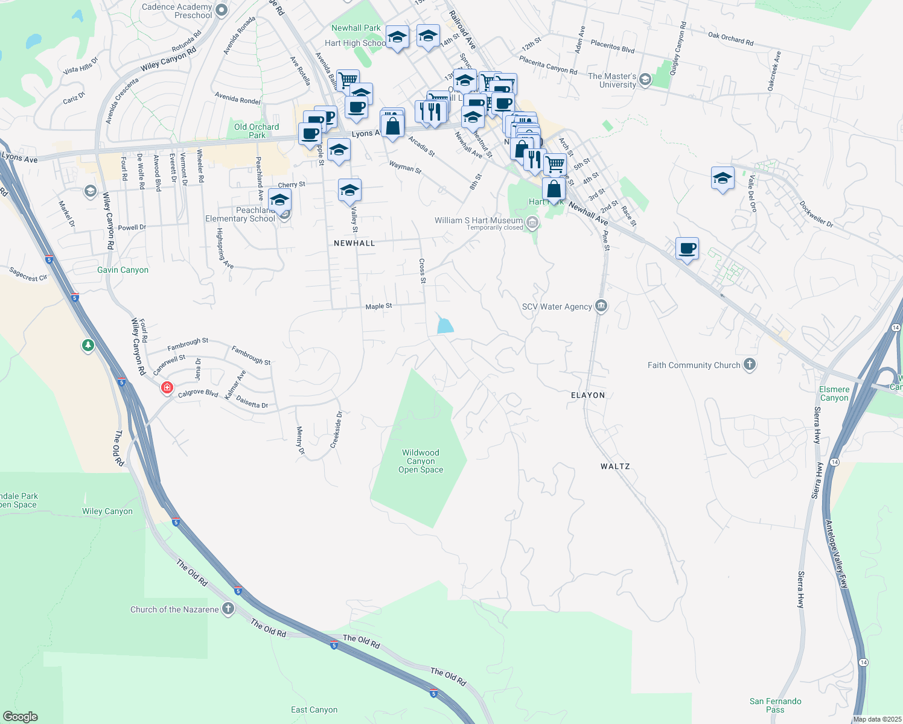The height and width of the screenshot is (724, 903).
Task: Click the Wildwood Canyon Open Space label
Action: (x=421, y=461)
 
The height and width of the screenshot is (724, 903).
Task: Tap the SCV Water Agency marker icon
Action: (x=601, y=306)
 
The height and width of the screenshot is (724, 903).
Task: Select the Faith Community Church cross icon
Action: (x=750, y=364)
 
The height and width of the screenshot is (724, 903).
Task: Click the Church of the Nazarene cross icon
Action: (x=228, y=609)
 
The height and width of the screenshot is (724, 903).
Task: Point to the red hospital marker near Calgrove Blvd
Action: (x=167, y=387)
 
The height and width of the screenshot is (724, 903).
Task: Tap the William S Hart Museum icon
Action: (x=532, y=223)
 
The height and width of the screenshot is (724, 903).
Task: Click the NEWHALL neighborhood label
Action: (x=354, y=243)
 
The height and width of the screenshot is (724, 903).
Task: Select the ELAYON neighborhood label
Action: (x=588, y=395)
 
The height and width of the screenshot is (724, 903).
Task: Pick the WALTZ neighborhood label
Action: (x=615, y=466)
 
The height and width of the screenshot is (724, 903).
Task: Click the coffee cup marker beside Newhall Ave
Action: (x=687, y=248)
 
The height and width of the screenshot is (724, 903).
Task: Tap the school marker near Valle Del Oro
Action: (x=723, y=179)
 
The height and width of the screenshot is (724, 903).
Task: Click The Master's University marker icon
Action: (x=645, y=80)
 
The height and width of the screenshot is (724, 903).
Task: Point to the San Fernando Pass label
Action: (x=775, y=705)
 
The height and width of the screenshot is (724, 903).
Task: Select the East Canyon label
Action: (x=314, y=710)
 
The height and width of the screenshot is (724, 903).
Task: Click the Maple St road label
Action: (x=378, y=306)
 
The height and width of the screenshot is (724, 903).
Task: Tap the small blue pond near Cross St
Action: (x=445, y=325)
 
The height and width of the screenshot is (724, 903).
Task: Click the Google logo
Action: (x=21, y=717)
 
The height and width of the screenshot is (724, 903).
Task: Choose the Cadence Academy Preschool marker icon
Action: (x=222, y=10)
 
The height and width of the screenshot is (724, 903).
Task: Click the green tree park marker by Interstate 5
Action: (x=88, y=346)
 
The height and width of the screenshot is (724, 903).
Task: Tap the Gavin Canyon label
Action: (x=123, y=270)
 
